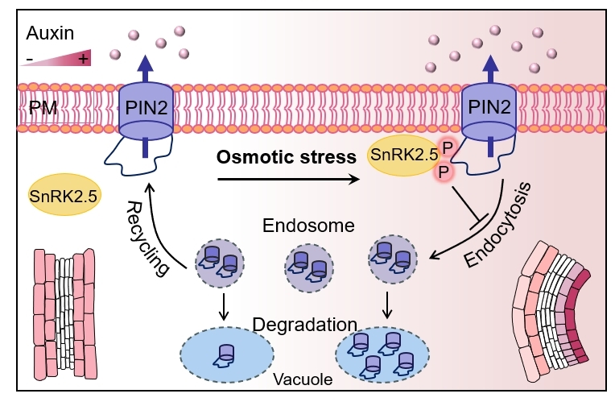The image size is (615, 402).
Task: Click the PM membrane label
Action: pyautogui.click(x=41, y=108)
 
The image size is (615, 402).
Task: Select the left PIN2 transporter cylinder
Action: pyautogui.click(x=146, y=111)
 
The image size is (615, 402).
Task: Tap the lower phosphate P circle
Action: pyautogui.click(x=441, y=172)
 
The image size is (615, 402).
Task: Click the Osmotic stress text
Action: pyautogui.click(x=287, y=157)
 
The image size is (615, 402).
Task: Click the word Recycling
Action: pyautogui.click(x=149, y=238)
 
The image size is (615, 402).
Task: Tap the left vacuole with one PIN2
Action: pyautogui.click(x=226, y=352)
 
